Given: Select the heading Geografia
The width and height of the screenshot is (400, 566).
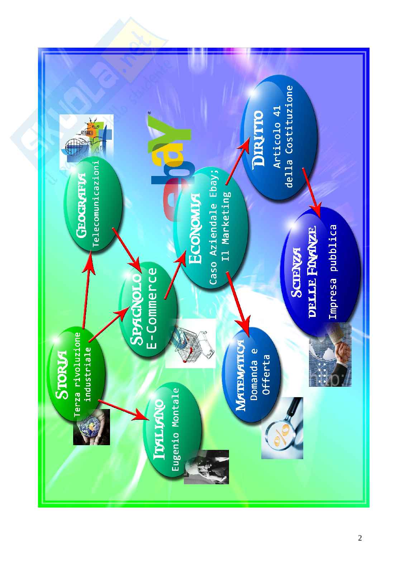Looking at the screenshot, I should point(82,205).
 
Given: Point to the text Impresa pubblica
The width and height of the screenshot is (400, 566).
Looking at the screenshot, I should point(333,271).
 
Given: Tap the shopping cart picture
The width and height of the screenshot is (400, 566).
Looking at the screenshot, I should point(190,343).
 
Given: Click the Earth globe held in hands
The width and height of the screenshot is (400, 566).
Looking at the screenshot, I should point(91,427).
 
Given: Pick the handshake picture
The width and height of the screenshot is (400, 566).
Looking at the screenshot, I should point(330,354).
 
